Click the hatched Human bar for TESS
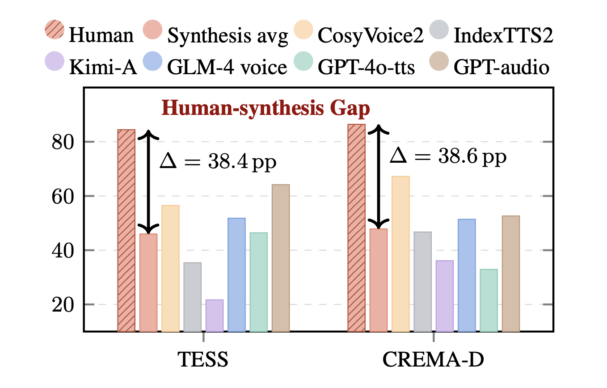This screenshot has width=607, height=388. click(x=126, y=231)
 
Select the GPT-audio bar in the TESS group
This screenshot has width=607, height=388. click(x=281, y=258)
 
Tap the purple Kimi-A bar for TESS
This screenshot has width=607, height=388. click(x=215, y=316)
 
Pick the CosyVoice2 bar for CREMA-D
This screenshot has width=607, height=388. click(x=400, y=254)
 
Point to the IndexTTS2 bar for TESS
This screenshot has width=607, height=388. click(x=193, y=297)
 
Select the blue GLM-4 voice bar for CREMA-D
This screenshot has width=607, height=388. click(x=467, y=275)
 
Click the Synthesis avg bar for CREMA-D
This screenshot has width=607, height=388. click(x=379, y=280)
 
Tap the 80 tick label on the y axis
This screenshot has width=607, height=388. click(x=61, y=142)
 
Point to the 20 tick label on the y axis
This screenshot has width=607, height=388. click(x=61, y=305)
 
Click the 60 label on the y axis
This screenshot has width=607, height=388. click(x=61, y=196)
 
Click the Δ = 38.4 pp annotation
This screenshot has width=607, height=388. click(x=218, y=161)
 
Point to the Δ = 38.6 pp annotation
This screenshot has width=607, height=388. click(x=448, y=156)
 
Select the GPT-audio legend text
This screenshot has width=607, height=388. click(x=501, y=67)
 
